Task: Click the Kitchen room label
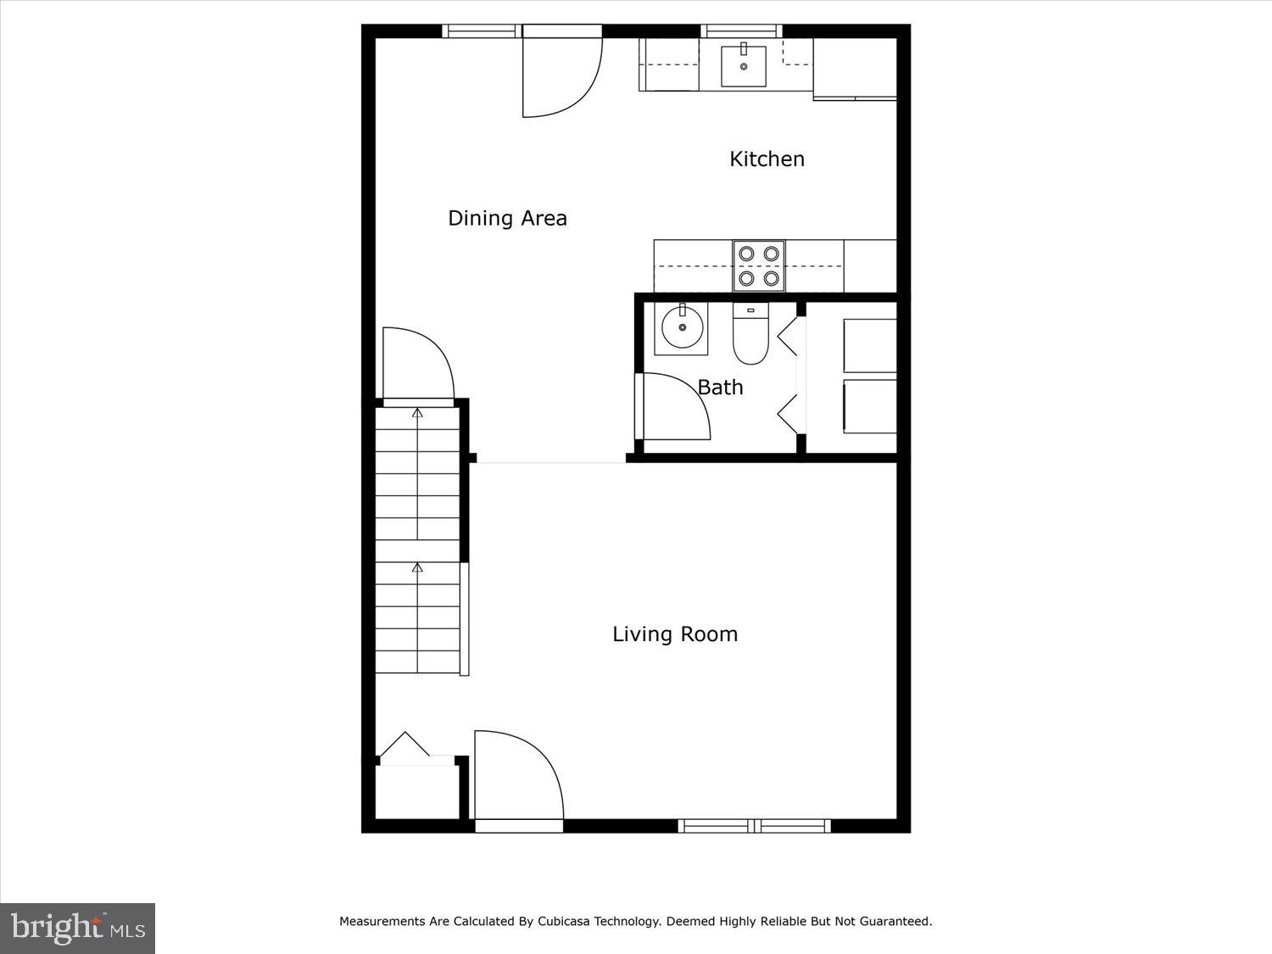[x=767, y=159]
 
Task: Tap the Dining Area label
[x=507, y=218]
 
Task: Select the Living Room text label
[x=675, y=634]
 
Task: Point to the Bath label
[x=720, y=388]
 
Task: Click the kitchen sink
[x=743, y=66]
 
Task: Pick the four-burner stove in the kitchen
[x=758, y=265]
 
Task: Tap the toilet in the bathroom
[x=750, y=335]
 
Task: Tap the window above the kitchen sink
[x=742, y=31]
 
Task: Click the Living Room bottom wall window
[x=754, y=825]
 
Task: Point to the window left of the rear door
[x=481, y=31]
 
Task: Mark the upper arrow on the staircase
[x=417, y=413]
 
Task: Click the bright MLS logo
[x=77, y=928]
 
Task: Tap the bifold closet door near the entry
[x=404, y=746]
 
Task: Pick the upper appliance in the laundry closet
[x=869, y=345]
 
